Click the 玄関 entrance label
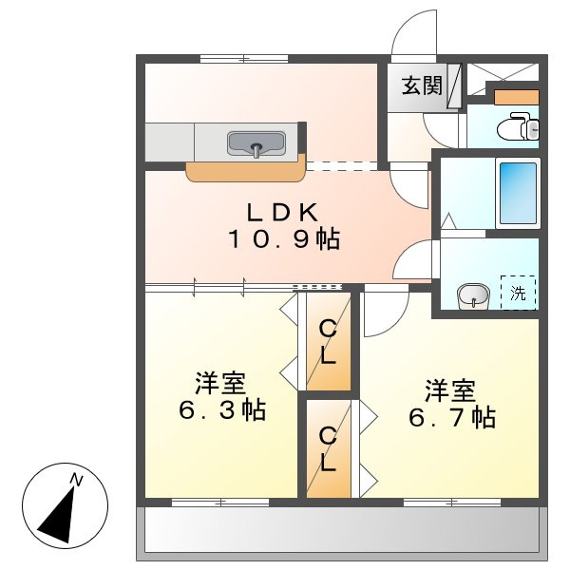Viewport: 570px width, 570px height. click(421, 85)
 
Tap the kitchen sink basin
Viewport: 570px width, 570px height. click(256, 144)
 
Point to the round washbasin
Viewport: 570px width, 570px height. click(472, 296)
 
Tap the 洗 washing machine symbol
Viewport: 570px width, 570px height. click(518, 294)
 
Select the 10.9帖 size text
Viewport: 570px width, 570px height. click(282, 239)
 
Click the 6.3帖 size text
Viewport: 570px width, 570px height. click(221, 411)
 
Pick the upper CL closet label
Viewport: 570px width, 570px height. click(328, 342)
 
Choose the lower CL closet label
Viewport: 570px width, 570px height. click(328, 449)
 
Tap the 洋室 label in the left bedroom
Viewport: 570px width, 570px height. click(220, 384)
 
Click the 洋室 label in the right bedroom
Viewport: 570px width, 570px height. click(449, 389)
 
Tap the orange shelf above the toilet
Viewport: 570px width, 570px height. click(517, 97)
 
